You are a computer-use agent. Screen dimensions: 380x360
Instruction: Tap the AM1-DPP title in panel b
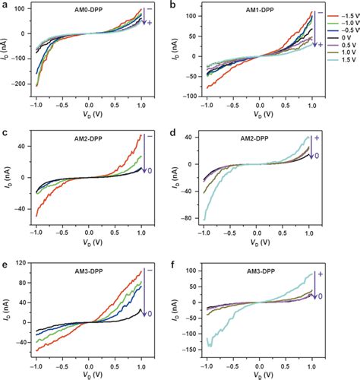pyautogui.click(x=259, y=13)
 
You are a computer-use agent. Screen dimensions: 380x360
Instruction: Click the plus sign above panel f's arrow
pyautogui.click(x=321, y=268)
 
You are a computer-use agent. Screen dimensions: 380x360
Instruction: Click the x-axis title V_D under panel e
pyautogui.click(x=88, y=375)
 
